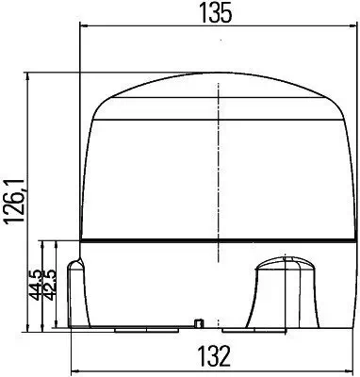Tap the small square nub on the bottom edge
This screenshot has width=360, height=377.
pos(199,323)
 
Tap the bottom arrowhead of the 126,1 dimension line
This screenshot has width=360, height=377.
pos(31,325)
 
